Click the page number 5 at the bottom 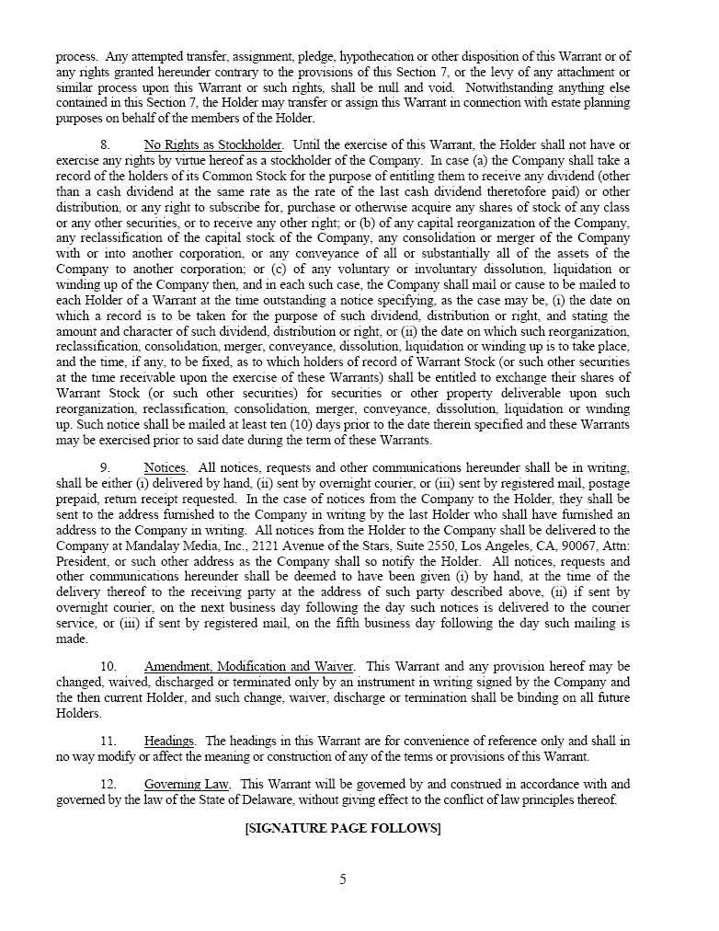click(343, 879)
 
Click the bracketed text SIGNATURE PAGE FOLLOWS click(343, 828)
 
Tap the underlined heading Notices click(165, 467)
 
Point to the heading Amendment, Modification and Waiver click(249, 666)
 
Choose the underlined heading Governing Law click(187, 784)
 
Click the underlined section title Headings click(169, 741)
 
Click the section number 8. click(105, 144)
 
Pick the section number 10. click(108, 666)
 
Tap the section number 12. click(108, 784)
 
